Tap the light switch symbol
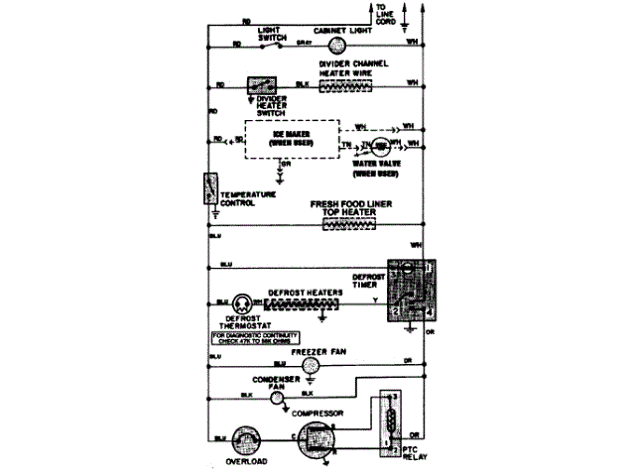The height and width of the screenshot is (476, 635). pos(281,44)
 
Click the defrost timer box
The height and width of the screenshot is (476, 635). pos(410,292)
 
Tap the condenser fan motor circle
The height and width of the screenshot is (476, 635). pos(278,396)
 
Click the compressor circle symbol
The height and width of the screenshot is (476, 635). pos(317,440)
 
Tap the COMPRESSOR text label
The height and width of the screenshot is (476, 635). pos(317,411)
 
